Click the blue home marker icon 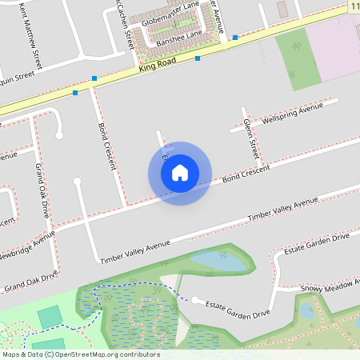pyautogui.click(x=180, y=173)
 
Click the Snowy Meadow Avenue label pyautogui.click(x=329, y=285)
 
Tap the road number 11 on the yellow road pyautogui.click(x=354, y=6)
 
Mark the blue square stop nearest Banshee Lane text pyautogui.click(x=198, y=58)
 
